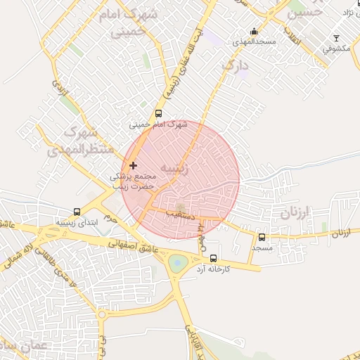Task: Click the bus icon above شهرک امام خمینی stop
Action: [x=158, y=114]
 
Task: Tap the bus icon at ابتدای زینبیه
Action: [x=77, y=212]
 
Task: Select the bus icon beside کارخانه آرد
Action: [x=214, y=257]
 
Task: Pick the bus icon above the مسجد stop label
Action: [x=262, y=238]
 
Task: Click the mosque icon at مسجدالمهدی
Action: [x=254, y=32]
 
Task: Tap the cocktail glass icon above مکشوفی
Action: [x=336, y=38]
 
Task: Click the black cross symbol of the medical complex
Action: [x=133, y=165]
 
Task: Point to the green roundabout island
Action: [x=175, y=264]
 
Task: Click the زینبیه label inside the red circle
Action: [x=175, y=169]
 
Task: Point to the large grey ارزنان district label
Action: [x=295, y=212]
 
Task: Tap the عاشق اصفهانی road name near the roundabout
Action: [x=129, y=243]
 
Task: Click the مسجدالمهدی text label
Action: [x=256, y=43]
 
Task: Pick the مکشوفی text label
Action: [x=337, y=49]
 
